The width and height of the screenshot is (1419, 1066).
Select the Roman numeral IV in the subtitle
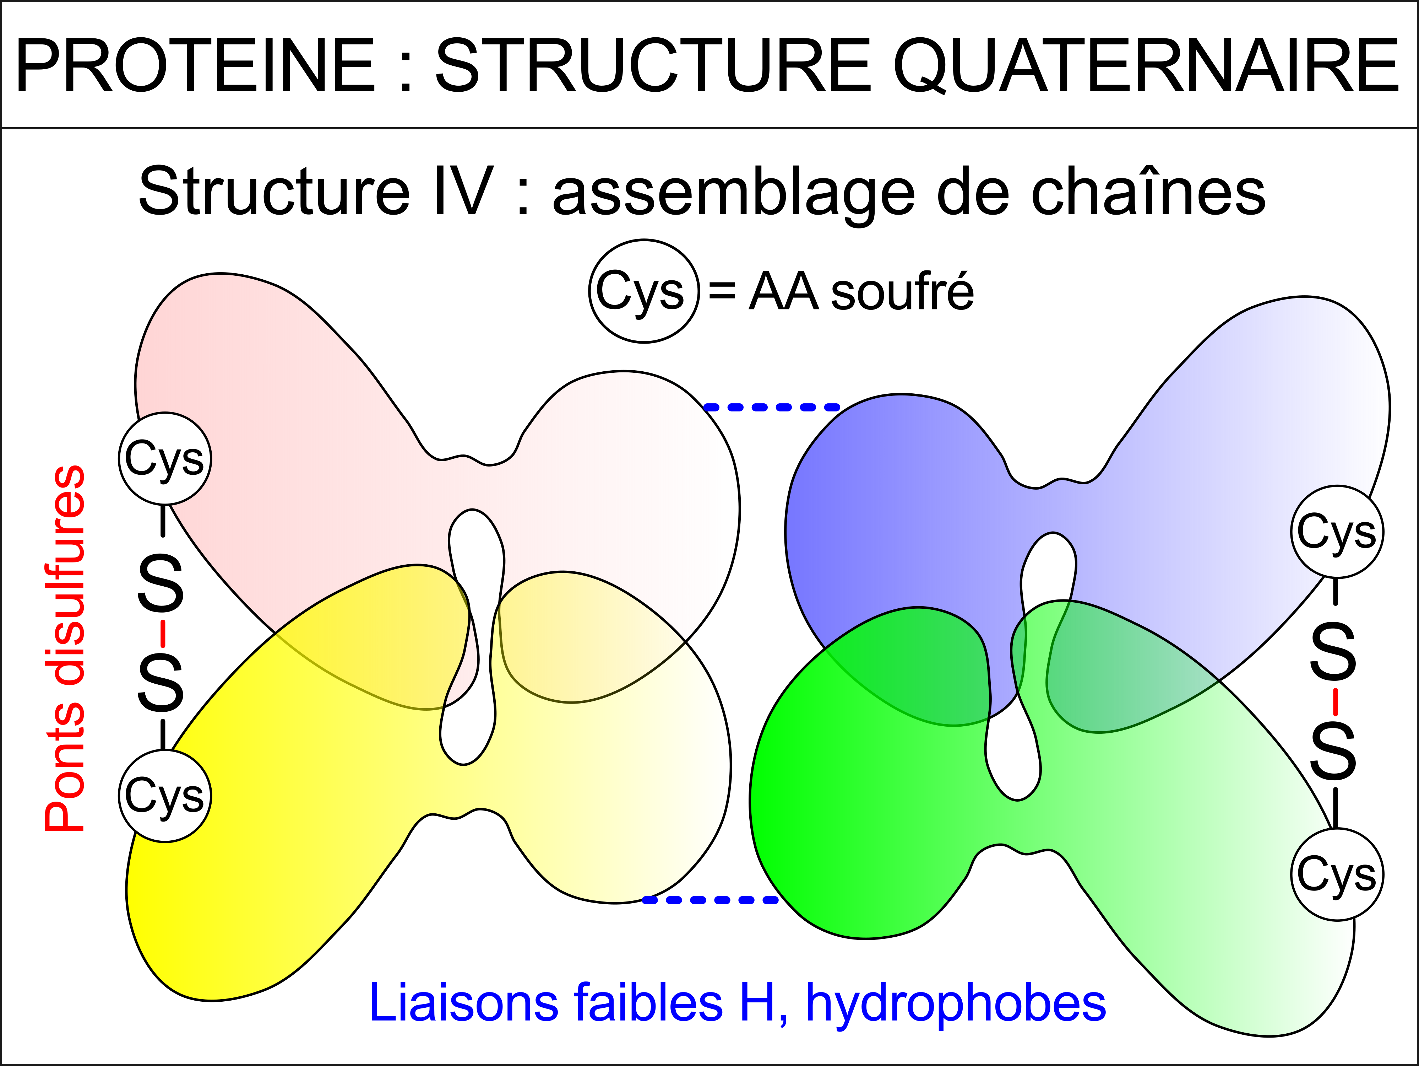click(463, 190)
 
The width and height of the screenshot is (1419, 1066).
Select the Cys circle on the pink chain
click(165, 459)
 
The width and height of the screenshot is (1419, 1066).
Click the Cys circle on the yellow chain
click(165, 796)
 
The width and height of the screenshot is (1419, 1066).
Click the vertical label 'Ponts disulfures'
click(64, 648)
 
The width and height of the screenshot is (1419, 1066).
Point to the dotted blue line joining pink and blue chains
click(772, 407)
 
